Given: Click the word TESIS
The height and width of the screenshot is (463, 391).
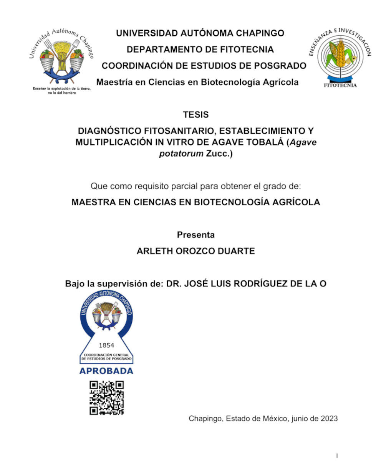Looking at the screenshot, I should [195, 115].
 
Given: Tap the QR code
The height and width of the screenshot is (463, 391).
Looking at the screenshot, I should [106, 397].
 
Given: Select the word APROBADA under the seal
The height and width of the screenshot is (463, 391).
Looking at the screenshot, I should [106, 371].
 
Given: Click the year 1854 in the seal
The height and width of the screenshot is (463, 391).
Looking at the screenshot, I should [106, 345].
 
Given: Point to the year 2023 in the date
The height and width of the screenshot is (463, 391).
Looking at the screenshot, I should [329, 418].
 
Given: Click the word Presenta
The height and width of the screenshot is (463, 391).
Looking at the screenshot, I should [195, 235].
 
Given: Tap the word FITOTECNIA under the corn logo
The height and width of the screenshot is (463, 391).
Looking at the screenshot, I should [340, 85].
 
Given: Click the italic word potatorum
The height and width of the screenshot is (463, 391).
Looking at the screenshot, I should [181, 154].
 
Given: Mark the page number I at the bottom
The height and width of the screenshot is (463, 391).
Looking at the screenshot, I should [337, 456].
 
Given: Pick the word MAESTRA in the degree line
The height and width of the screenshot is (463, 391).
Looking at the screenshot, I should [93, 202].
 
